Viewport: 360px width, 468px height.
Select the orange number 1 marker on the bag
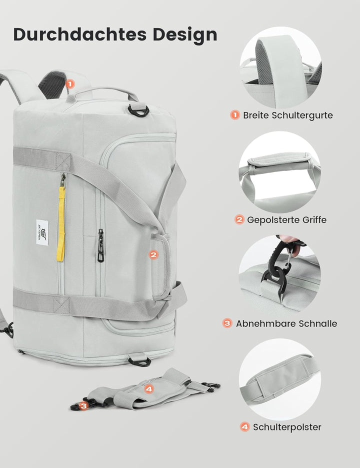click(x=69, y=84)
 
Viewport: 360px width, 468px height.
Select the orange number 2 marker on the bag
click(x=153, y=254)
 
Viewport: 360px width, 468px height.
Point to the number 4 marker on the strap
click(x=148, y=387)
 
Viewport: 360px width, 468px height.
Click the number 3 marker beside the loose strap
click(x=84, y=406)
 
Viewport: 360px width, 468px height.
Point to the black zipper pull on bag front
click(x=100, y=245)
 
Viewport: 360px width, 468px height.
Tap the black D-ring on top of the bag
click(x=138, y=110)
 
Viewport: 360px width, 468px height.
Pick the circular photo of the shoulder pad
click(x=279, y=379)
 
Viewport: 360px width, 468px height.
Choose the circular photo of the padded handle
click(x=279, y=172)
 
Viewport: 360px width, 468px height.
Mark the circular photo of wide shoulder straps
click(x=280, y=67)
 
